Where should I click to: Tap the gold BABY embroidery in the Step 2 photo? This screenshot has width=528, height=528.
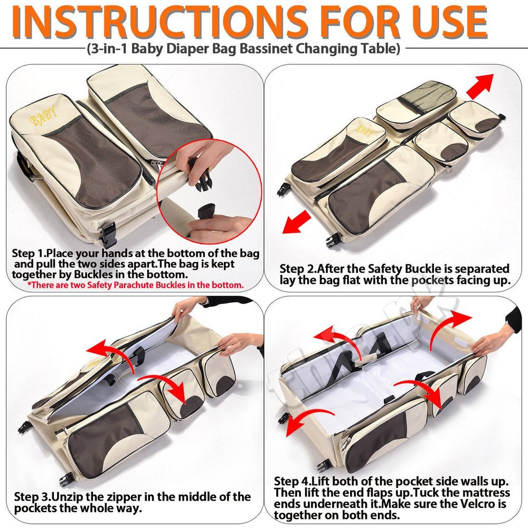[363, 129]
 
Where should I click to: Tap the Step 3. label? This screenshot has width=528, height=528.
[33, 497]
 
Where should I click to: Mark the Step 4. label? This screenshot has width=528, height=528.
[293, 481]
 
